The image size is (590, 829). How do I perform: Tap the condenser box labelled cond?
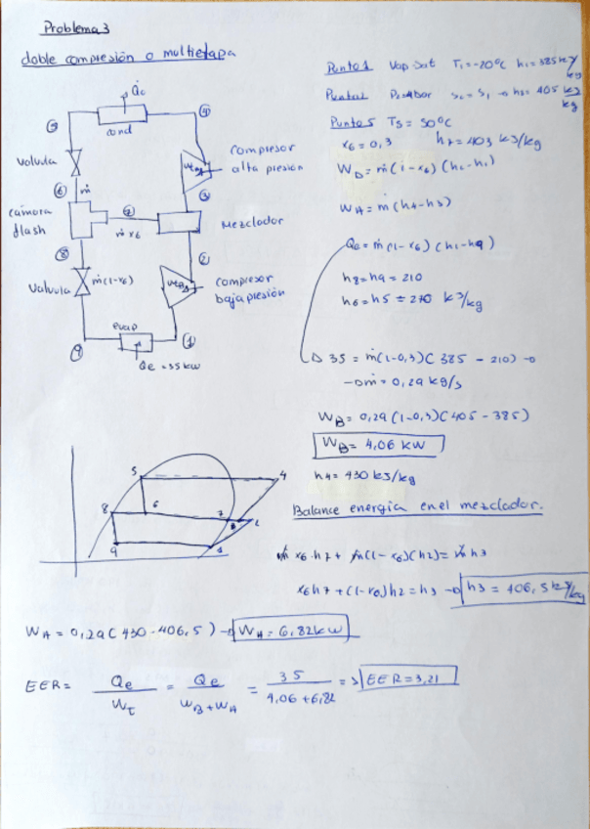(x=122, y=114)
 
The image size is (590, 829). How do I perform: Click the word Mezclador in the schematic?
(x=253, y=222)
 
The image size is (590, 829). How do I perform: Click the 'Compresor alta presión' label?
(x=267, y=158)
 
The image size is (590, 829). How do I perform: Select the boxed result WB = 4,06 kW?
(x=377, y=446)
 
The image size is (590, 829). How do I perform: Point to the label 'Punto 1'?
(x=349, y=68)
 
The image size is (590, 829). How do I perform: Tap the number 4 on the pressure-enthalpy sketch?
(x=284, y=477)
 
